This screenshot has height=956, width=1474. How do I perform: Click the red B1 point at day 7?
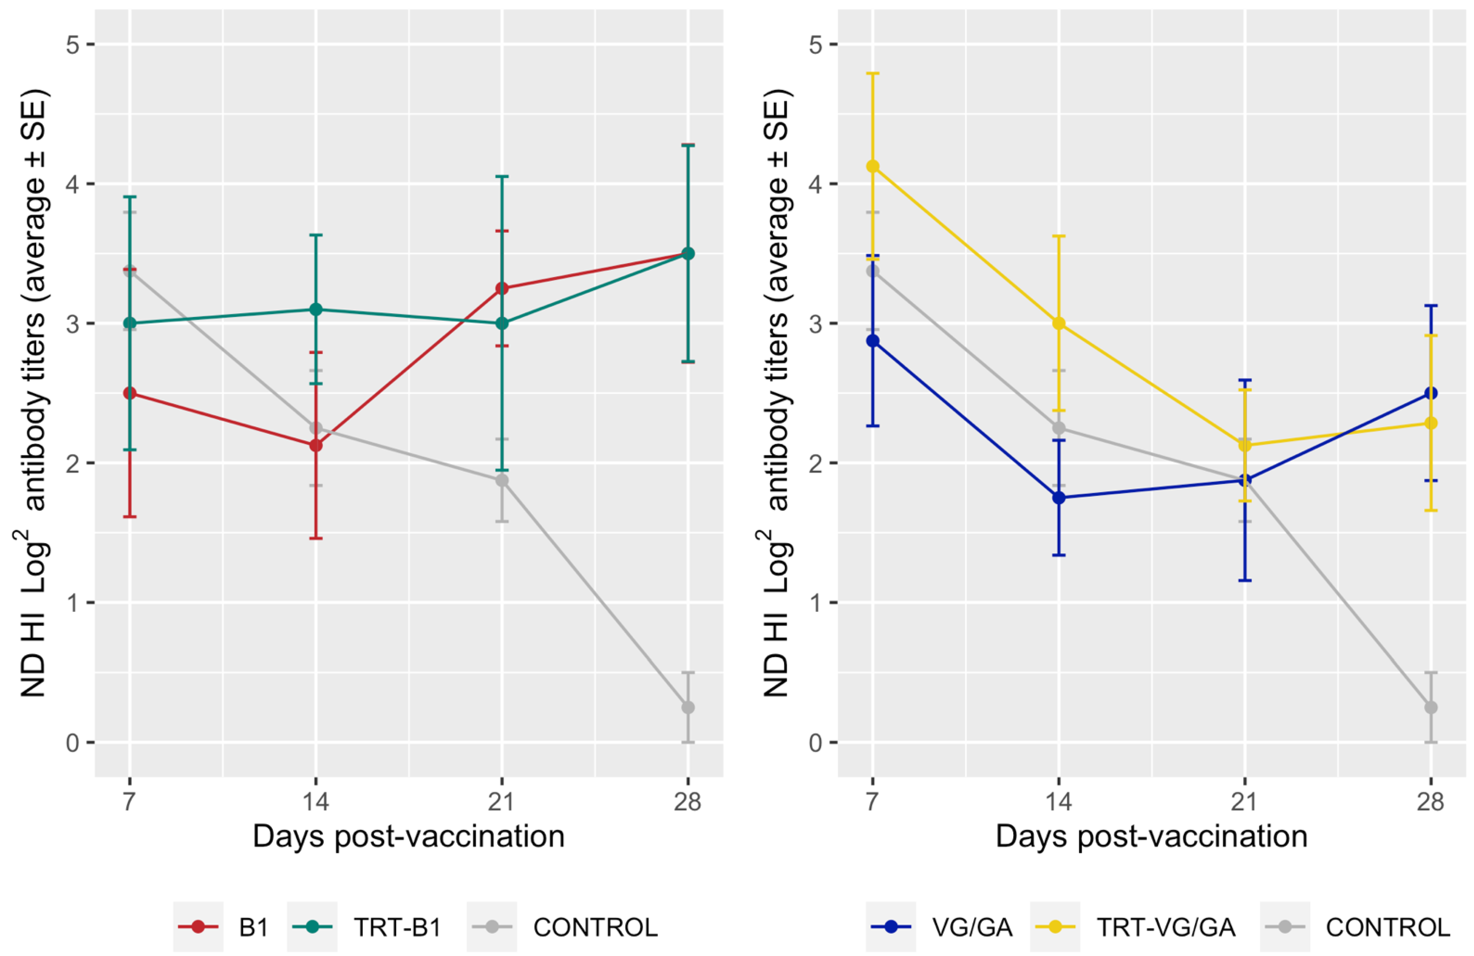(x=129, y=393)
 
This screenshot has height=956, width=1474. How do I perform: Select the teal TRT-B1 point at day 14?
(x=316, y=309)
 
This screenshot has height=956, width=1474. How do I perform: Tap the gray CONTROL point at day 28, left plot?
(x=688, y=707)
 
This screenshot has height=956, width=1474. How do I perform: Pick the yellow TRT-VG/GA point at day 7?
(x=873, y=166)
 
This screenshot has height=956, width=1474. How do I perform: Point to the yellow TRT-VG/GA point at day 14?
(x=1059, y=323)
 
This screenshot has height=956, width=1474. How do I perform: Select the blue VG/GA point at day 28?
(x=1431, y=393)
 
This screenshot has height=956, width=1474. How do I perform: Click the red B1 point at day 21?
(x=502, y=288)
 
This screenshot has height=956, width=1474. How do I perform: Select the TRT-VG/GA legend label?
(x=1165, y=927)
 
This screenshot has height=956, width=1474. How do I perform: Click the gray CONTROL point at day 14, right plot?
(x=1059, y=428)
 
